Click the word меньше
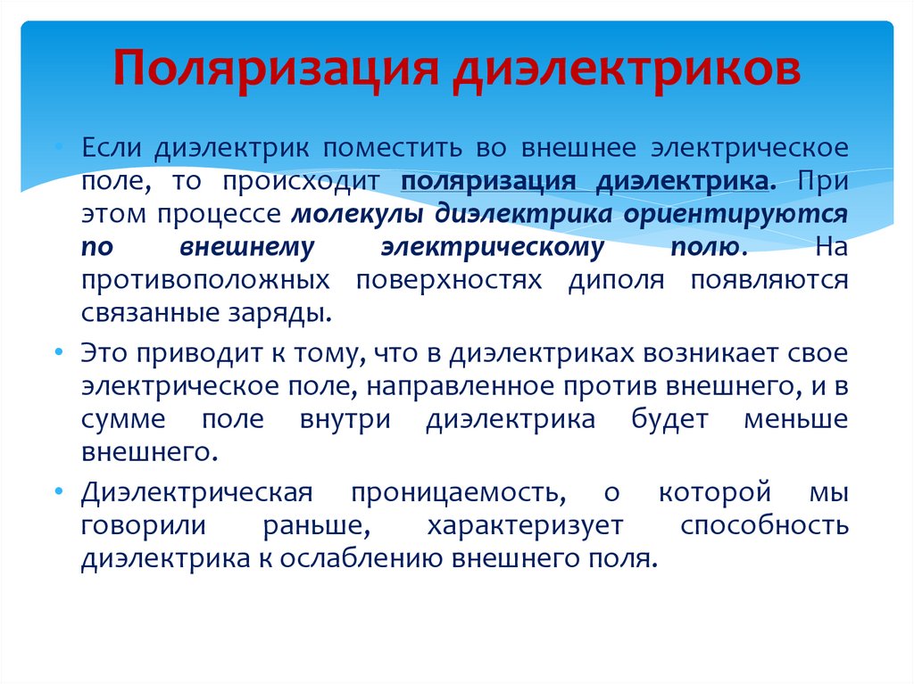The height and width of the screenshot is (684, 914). click(x=795, y=419)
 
